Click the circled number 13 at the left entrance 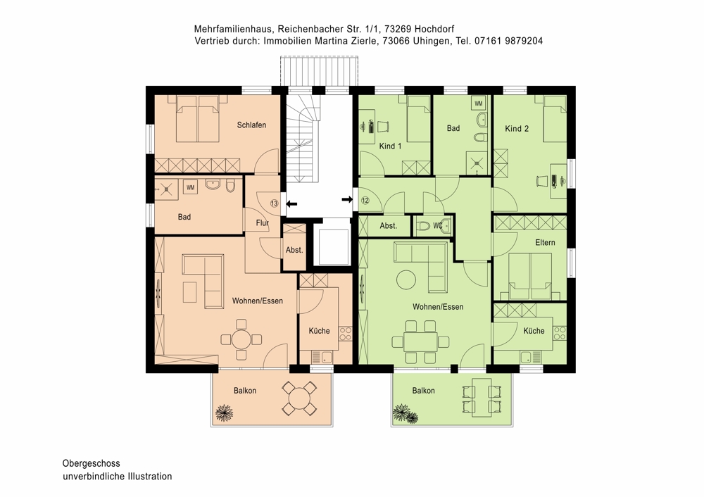(x=275, y=203)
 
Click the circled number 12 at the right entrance (x=365, y=200)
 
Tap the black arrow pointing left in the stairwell (x=292, y=204)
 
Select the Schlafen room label (x=251, y=125)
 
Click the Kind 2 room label (x=517, y=128)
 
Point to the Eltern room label (x=545, y=242)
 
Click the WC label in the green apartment (x=438, y=226)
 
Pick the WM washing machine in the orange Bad (x=190, y=187)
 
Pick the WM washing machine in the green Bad (x=478, y=103)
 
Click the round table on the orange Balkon (x=298, y=398)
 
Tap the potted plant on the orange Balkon (x=224, y=412)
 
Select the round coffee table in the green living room (x=406, y=279)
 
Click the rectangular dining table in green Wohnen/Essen (x=420, y=341)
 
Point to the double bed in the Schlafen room (x=198, y=118)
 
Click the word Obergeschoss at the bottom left (x=91, y=463)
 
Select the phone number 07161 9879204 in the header (x=508, y=41)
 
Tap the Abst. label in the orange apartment (x=294, y=250)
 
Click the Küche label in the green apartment (x=534, y=331)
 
